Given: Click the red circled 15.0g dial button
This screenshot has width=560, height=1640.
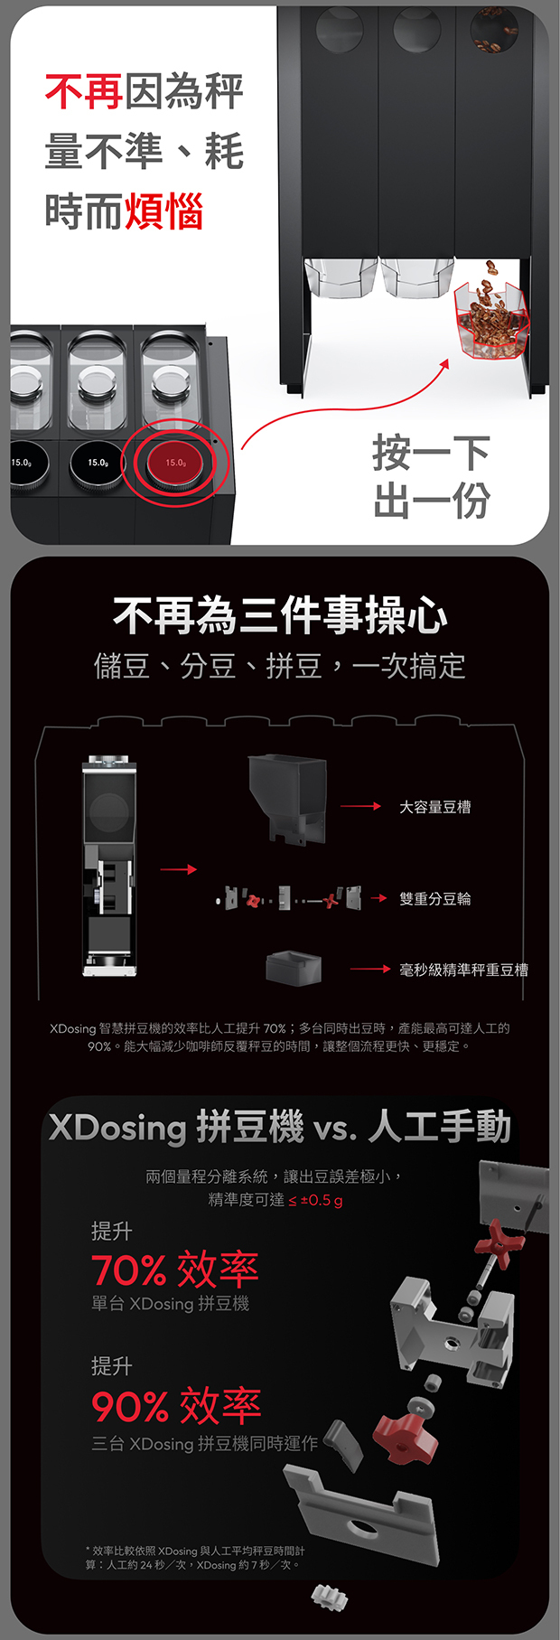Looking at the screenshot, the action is tap(176, 463).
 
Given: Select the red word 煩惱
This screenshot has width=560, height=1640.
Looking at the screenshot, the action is tap(163, 211).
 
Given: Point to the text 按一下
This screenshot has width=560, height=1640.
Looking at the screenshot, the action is tap(432, 453).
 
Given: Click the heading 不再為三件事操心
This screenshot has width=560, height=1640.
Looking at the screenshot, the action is tap(280, 616).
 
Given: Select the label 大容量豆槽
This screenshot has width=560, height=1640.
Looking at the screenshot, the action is tap(435, 807).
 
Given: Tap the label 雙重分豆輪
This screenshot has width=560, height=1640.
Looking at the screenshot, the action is tap(435, 899).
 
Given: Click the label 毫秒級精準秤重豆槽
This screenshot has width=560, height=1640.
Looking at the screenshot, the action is tap(464, 970).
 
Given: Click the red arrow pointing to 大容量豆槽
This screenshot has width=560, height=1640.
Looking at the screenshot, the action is tap(360, 806).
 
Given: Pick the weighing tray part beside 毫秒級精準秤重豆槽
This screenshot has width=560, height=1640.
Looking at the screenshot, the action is tap(294, 968).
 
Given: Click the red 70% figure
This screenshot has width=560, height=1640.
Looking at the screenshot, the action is tap(129, 1270).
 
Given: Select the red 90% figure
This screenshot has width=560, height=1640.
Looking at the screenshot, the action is tap(130, 1406).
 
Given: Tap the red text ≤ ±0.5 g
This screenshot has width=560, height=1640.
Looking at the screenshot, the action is tap(315, 1201).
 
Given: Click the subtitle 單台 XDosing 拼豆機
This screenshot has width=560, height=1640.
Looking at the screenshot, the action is tap(171, 1304).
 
